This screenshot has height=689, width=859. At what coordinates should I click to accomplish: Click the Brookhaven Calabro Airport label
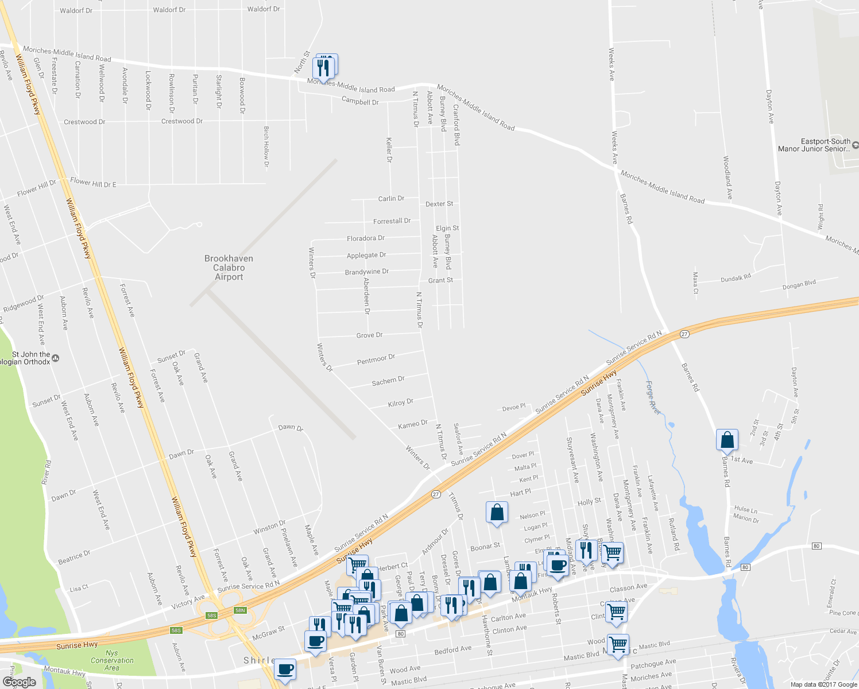coord(229,268)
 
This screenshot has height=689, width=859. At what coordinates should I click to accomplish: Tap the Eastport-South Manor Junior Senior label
coord(816,145)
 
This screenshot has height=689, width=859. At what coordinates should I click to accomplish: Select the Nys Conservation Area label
coord(112,660)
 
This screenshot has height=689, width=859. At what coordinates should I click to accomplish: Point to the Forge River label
coord(653,397)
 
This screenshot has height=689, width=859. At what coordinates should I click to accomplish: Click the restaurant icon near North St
coord(324,68)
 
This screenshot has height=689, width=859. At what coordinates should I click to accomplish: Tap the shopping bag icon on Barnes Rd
coord(727,440)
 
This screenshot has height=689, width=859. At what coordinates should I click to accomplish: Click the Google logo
coord(19,682)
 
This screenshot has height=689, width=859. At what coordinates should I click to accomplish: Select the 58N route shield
coord(240,610)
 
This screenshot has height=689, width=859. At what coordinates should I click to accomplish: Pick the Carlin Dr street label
coord(391,199)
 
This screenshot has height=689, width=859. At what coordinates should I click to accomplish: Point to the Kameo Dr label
coord(413,424)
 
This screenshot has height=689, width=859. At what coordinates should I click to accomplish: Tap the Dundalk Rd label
coord(736,278)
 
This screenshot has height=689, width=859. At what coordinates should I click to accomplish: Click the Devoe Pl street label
coord(514,408)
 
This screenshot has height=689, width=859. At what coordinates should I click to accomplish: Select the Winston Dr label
coord(269,527)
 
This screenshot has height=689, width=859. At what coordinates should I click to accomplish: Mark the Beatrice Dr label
coord(74,557)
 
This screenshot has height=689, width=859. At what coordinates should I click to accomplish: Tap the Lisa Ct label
coord(79,588)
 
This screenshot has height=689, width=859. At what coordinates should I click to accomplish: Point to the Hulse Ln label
coord(745,509)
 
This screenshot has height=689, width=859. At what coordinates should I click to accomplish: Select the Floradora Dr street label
coord(365,238)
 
